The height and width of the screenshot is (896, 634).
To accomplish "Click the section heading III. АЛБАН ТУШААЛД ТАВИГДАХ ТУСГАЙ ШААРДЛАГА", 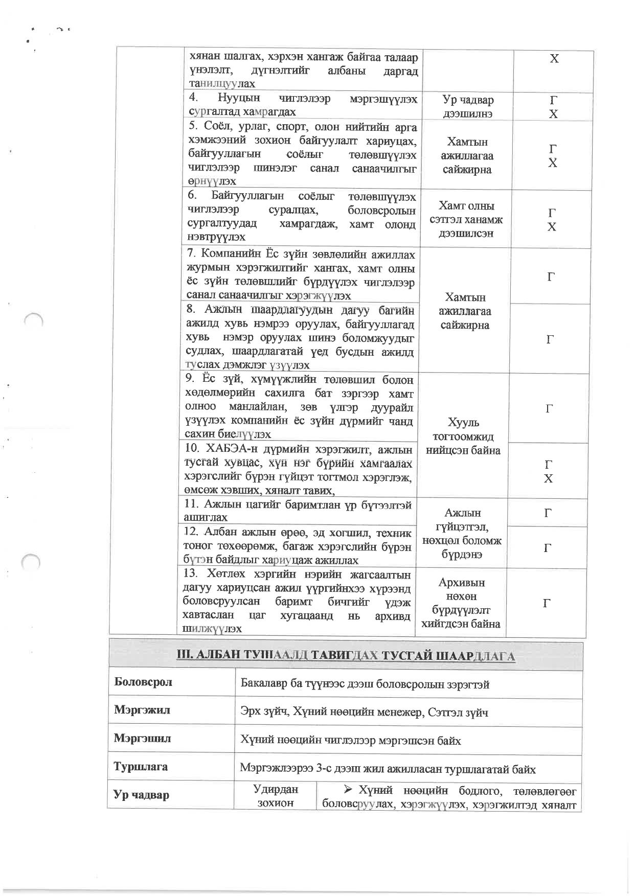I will coord(346,656).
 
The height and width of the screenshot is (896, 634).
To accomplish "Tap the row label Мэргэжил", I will coord(142,710).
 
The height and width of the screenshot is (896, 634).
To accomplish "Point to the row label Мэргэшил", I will coord(142,739).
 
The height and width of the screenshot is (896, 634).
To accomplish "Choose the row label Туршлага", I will coord(141,767).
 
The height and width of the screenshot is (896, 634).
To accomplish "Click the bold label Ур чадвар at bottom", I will coord(141,795).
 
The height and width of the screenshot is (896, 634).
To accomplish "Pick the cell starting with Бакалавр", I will coord(365,684).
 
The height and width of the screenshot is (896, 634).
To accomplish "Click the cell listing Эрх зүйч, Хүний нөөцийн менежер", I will coord(364,713).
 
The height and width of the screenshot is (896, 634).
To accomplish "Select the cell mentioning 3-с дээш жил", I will coord(388,769).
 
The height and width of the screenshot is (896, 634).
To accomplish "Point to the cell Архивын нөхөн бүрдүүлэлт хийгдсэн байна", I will coord(461,603).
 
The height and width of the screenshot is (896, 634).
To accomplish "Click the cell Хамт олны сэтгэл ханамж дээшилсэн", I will coord(466,220).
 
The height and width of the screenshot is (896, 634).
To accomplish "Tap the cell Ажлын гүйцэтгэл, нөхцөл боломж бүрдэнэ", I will coord(462,534).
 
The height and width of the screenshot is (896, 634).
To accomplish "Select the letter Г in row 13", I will coord(547,603).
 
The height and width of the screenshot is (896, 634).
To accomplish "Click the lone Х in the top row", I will coord(554,59).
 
